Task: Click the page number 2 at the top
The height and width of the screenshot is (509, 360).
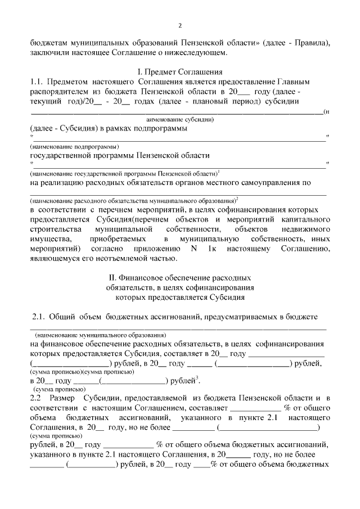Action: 180,25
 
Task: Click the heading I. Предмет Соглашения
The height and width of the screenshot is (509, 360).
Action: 180,72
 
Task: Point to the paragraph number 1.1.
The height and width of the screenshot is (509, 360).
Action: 37,82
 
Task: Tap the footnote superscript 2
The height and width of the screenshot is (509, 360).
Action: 237,198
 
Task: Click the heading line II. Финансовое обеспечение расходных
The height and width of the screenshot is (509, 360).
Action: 179,278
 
